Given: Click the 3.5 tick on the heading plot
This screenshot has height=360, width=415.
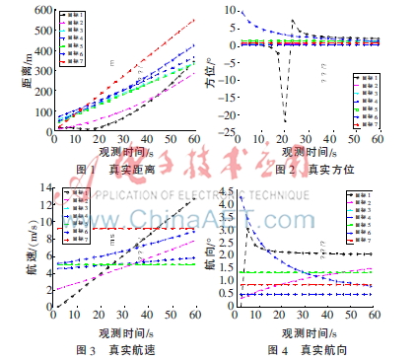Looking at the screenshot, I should point(223,216).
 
